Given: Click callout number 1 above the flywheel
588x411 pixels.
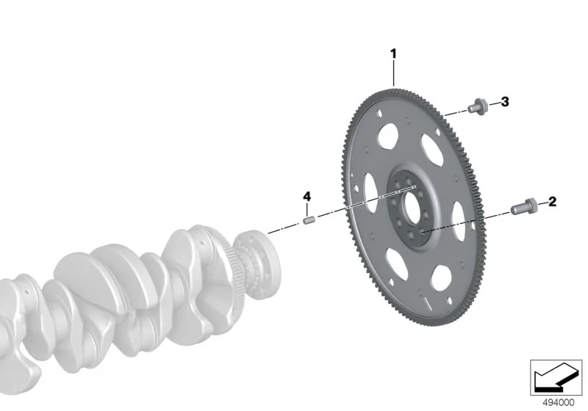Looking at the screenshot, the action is click(393, 54).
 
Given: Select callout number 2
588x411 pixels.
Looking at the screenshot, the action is click(553, 202).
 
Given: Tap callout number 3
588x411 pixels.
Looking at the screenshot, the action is click(505, 101).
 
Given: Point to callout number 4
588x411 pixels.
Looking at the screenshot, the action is click(306, 196).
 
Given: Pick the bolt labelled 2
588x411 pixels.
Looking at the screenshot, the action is click(524, 206).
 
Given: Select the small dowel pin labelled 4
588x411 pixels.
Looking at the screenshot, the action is click(309, 220).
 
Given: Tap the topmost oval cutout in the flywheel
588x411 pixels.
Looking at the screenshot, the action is click(388, 137).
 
